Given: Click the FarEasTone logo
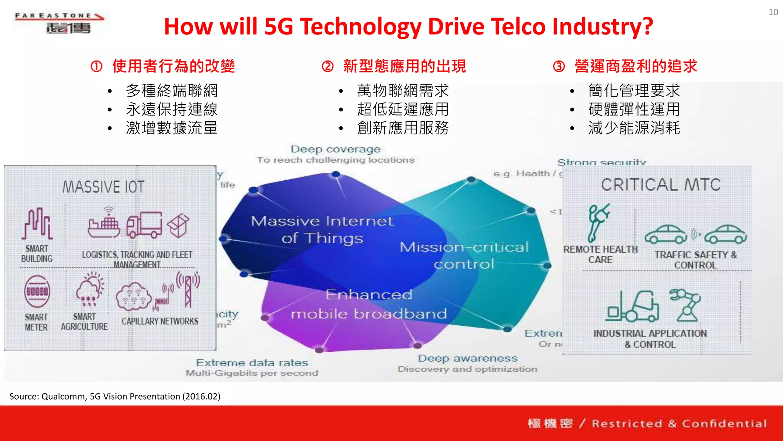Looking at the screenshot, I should (x=59, y=23).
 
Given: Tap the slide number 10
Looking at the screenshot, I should (x=773, y=12).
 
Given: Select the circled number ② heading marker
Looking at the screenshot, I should (x=328, y=67).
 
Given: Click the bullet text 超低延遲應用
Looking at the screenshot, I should (x=403, y=109).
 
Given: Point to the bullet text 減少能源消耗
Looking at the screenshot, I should (x=634, y=128).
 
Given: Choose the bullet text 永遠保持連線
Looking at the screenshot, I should (x=172, y=109).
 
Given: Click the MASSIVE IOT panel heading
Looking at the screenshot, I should (x=103, y=187).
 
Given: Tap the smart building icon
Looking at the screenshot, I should (x=37, y=224).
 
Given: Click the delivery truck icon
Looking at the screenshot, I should (x=144, y=225).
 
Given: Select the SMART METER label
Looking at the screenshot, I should (x=36, y=322).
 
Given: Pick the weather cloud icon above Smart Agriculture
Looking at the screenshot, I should (x=89, y=289).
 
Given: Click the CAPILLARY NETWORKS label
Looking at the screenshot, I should (x=160, y=321).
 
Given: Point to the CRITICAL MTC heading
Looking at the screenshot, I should (x=661, y=185).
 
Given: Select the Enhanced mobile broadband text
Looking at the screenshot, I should (x=369, y=304).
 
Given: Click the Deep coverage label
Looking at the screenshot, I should (x=335, y=149).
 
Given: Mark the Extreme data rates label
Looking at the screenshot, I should (x=252, y=363).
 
